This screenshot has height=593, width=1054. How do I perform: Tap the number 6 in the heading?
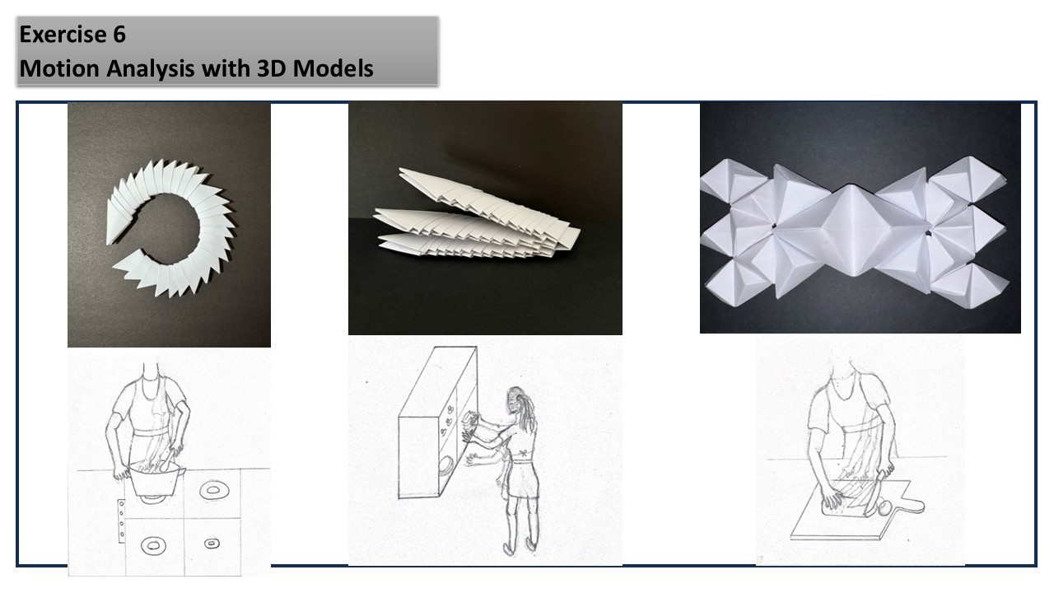[x=119, y=35]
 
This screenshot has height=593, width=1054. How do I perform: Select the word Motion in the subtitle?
[x=59, y=68]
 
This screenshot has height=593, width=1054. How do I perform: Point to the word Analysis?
[x=150, y=69]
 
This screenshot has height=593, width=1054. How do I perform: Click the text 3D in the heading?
[x=272, y=68]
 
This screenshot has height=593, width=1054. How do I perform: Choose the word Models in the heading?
[x=333, y=68]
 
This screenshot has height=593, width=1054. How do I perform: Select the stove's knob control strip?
[x=121, y=521]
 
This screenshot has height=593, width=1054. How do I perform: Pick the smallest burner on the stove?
[x=212, y=544]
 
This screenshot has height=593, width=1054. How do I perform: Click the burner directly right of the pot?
[x=214, y=490]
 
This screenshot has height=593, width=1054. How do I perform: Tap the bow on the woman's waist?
[x=522, y=453]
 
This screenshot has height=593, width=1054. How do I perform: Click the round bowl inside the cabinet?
[x=445, y=466]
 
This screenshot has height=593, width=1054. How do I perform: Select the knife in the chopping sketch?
[x=874, y=493]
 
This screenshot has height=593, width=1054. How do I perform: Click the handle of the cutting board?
[x=912, y=505]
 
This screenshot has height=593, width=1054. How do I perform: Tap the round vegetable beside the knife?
[x=884, y=507]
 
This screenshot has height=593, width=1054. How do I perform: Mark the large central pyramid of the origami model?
[x=851, y=230]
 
